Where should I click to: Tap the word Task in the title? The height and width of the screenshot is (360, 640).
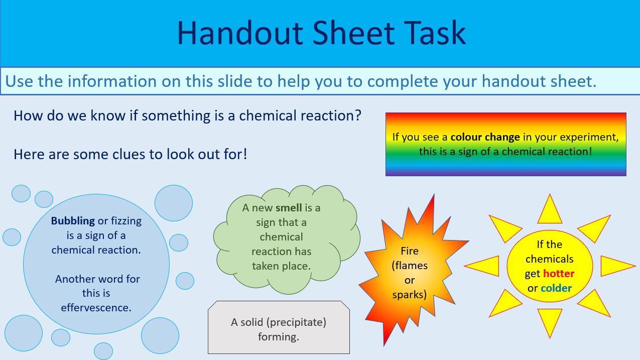(429, 33)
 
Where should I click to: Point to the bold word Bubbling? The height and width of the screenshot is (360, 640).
(73, 221)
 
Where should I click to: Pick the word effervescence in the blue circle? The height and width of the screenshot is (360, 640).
(96, 307)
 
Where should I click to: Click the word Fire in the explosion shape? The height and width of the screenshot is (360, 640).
(409, 251)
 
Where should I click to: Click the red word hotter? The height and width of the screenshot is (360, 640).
(558, 274)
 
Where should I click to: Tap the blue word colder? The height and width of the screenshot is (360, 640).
(556, 288)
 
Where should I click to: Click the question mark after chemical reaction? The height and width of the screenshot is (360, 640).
(357, 116)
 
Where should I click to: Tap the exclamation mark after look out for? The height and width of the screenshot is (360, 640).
(244, 154)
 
